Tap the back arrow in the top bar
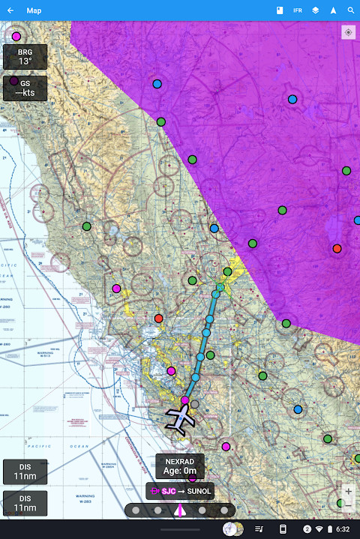[x=10, y=10]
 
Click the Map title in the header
[x=34, y=10]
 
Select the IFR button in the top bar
[x=298, y=10]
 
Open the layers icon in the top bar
[x=316, y=10]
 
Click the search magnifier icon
[x=350, y=10]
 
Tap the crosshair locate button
[x=348, y=32]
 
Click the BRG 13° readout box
[x=25, y=57]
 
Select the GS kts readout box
[x=25, y=88]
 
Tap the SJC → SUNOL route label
[x=180, y=491]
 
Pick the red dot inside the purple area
[x=337, y=249]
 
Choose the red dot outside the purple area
[x=158, y=319]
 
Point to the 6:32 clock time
[x=343, y=529]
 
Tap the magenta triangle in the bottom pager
[x=180, y=511]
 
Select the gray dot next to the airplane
[x=195, y=404]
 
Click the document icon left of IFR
[x=279, y=10]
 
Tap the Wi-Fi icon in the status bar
[x=319, y=529]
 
